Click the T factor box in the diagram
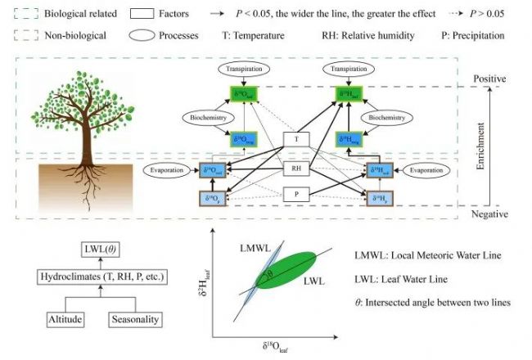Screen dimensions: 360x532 (x=296, y=139)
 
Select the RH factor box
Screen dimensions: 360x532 (x=296, y=168)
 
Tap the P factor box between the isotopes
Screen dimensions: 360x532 (x=296, y=196)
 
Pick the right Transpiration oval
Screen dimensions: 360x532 (x=350, y=70)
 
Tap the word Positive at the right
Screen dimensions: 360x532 (x=490, y=79)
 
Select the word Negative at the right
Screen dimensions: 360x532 (x=490, y=214)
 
